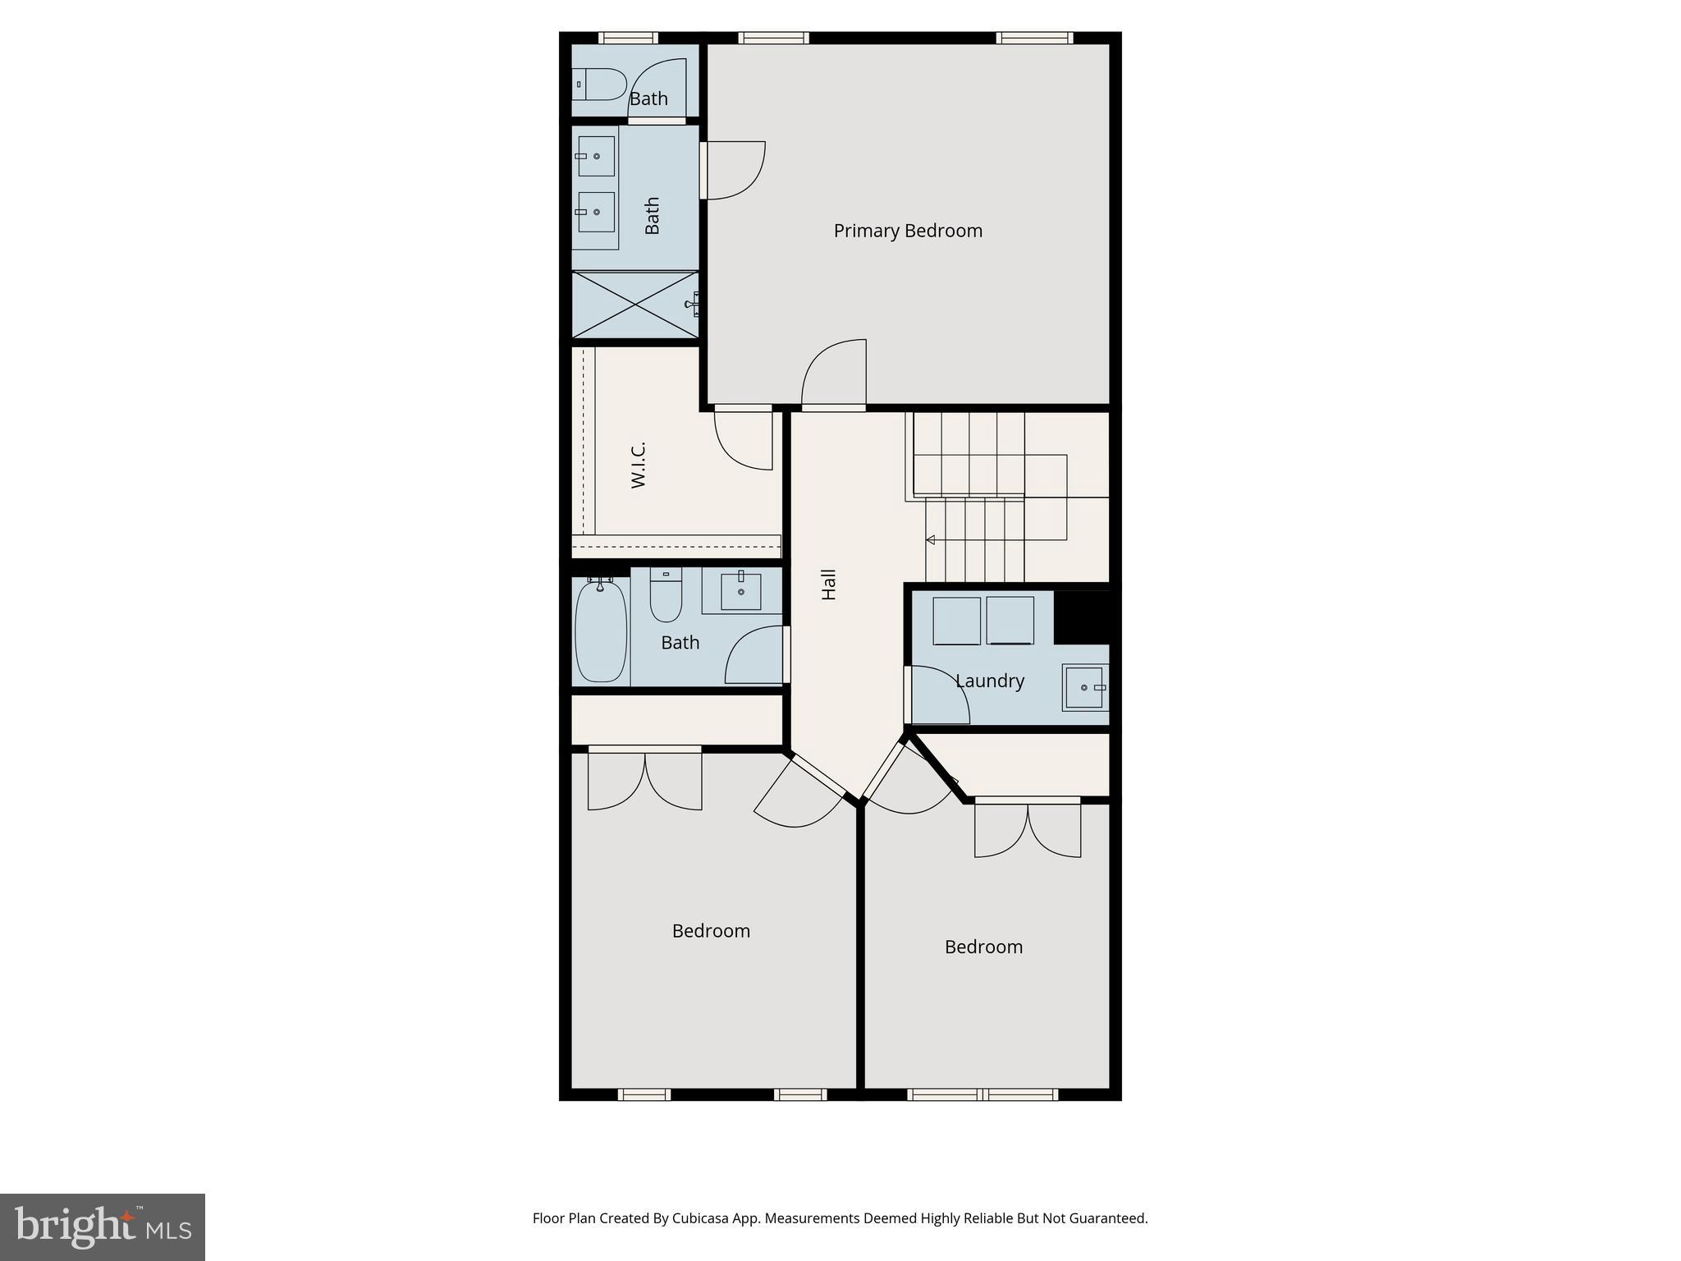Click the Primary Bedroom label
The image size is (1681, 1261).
click(x=908, y=231)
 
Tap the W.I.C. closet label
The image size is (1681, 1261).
click(x=639, y=465)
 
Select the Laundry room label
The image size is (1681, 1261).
click(x=989, y=681)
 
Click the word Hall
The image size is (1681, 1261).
click(x=829, y=585)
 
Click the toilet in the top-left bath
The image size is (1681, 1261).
click(x=601, y=84)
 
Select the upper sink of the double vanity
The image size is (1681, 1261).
click(x=596, y=156)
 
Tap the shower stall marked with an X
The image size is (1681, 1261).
click(x=635, y=304)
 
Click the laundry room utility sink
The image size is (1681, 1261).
click(x=1083, y=687)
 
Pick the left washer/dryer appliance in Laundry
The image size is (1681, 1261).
click(x=956, y=621)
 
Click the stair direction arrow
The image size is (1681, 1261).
click(x=931, y=539)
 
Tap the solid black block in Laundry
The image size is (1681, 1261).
click(x=1081, y=617)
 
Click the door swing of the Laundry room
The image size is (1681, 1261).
click(x=937, y=696)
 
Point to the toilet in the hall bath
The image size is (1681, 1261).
click(x=666, y=597)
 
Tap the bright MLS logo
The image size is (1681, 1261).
click(x=103, y=1227)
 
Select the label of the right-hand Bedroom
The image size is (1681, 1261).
click(x=983, y=947)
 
